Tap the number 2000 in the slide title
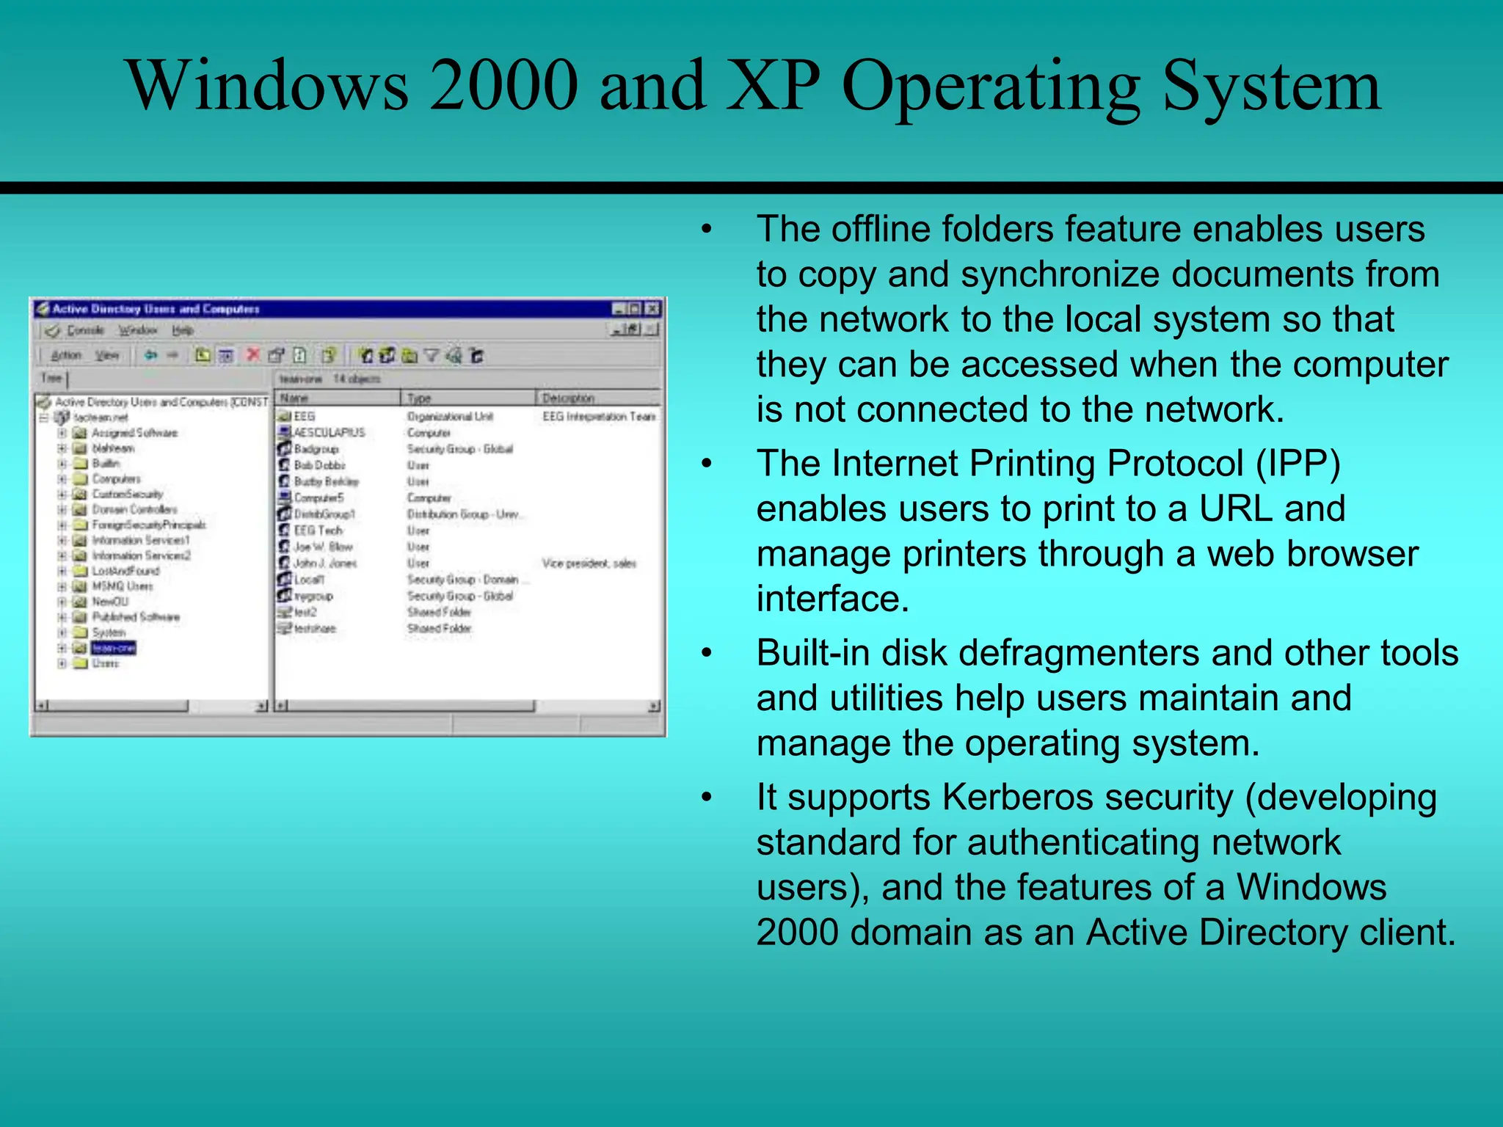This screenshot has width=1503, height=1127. click(503, 86)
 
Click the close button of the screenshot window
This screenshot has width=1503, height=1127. click(652, 309)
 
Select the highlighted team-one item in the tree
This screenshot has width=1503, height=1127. click(113, 648)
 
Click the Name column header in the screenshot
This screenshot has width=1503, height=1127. click(294, 398)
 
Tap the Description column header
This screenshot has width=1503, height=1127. click(568, 398)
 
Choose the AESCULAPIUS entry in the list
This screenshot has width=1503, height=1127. click(329, 432)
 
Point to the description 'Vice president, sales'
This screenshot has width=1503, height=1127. click(589, 563)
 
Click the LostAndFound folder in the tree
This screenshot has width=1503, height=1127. click(125, 571)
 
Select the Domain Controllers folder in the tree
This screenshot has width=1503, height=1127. click(134, 509)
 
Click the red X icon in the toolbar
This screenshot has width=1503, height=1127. click(253, 355)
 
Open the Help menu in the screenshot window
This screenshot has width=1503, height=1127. click(183, 330)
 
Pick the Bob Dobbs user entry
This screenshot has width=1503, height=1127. click(319, 465)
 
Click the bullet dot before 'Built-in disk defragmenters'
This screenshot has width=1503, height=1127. click(706, 653)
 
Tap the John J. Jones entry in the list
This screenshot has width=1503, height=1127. click(324, 563)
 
